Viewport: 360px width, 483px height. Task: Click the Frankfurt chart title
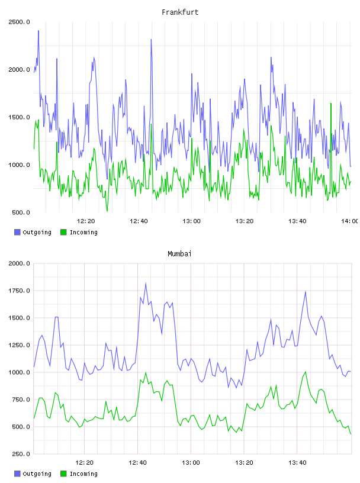tap(180, 12)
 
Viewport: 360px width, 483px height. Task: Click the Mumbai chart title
tap(179, 254)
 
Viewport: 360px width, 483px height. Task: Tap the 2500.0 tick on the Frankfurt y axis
tap(20, 22)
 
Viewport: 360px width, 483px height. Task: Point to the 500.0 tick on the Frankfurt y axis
tap(21, 212)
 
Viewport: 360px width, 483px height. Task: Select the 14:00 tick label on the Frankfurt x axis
tap(350, 221)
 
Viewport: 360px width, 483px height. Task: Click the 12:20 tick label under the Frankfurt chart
tap(86, 221)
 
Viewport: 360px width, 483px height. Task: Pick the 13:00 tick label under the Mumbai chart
tap(191, 463)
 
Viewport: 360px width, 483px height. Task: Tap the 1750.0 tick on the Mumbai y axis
tap(20, 291)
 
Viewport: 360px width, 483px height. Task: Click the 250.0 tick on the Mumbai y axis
tap(21, 454)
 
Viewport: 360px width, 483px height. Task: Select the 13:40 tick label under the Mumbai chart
tap(297, 463)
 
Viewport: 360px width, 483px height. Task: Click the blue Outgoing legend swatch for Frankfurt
tap(17, 232)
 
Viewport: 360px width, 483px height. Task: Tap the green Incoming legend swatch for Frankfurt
tap(63, 232)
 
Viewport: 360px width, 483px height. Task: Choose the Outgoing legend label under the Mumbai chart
tap(37, 474)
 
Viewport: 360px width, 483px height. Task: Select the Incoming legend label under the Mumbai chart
tap(83, 474)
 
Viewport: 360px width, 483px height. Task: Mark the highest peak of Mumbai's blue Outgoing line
tap(146, 283)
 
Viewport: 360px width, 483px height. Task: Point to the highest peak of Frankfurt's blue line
tap(38, 31)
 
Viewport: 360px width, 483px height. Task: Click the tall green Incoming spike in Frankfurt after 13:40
tap(331, 104)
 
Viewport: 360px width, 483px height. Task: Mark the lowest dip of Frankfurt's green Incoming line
tap(107, 211)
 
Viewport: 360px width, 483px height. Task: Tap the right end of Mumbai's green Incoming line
tap(351, 434)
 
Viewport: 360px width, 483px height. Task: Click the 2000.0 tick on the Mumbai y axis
tap(20, 263)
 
